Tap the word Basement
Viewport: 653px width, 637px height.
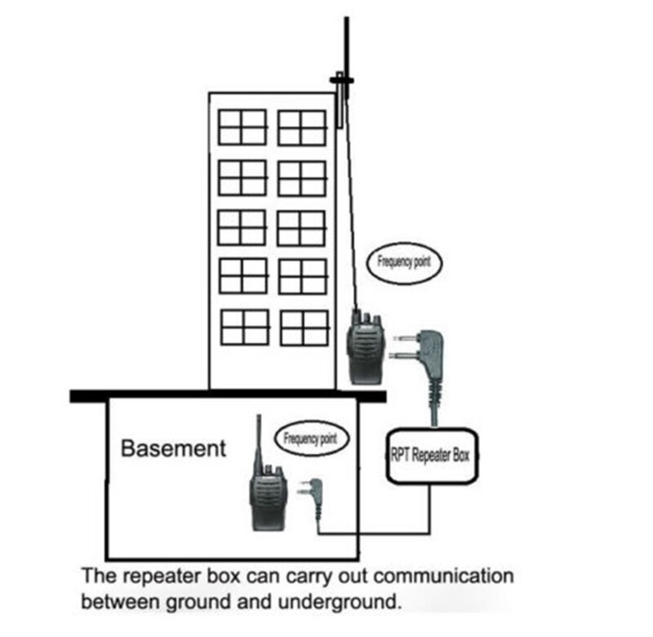(173, 448)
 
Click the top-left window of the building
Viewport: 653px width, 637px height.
(242, 127)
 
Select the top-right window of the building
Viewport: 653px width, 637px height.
(302, 127)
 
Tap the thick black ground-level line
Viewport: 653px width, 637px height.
(227, 396)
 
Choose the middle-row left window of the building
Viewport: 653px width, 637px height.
(242, 227)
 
